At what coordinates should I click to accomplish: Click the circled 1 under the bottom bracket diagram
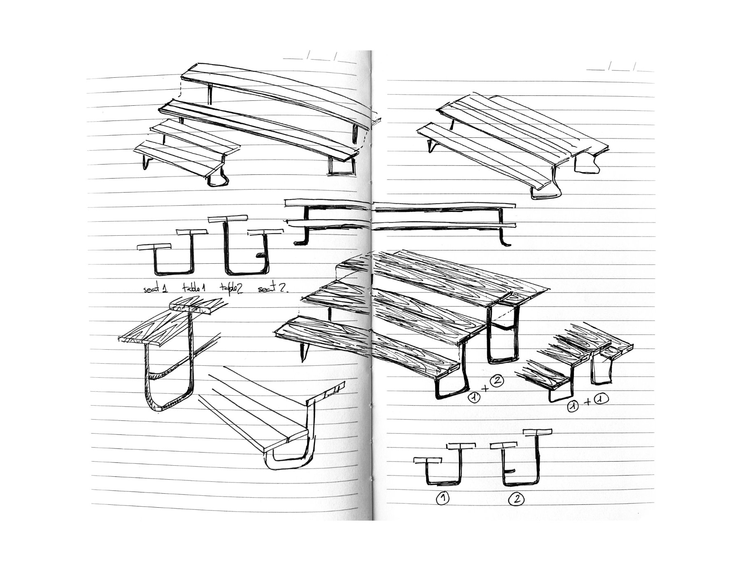[443, 499]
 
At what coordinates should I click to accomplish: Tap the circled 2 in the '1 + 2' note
[496, 381]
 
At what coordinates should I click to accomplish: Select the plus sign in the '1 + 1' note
[588, 402]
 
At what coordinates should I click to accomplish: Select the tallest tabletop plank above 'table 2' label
[228, 218]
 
